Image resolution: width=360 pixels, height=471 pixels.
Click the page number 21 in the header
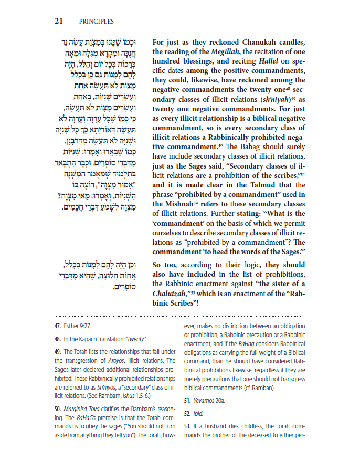(x=59, y=22)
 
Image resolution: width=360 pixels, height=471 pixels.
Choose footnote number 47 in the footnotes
(x=58, y=326)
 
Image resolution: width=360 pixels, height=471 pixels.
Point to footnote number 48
(x=58, y=339)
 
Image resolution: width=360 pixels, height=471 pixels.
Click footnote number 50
(x=58, y=407)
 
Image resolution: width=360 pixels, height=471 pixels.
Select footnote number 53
(x=187, y=427)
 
